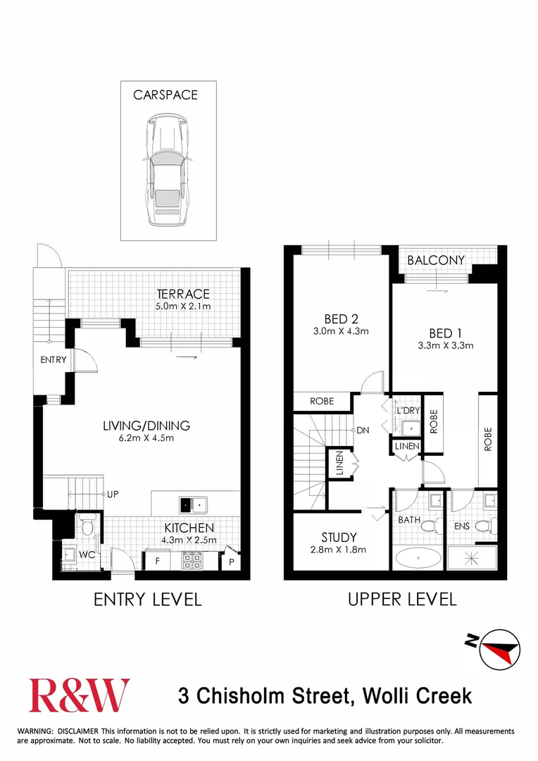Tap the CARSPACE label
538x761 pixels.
pos(165,95)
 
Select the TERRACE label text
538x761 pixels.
pos(184,294)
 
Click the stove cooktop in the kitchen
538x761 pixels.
pos(192,561)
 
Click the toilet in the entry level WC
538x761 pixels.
pos(87,528)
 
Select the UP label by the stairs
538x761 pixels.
pos(112,495)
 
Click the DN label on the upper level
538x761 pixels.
pos(363,430)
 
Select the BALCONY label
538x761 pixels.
pos(436,261)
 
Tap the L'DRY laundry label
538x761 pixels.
pos(408,411)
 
